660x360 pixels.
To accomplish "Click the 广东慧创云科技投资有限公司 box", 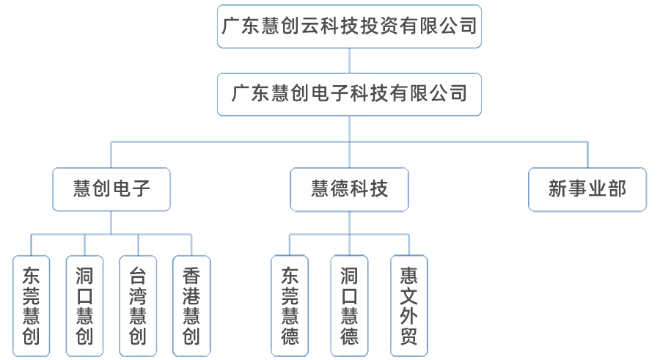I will click(349, 26).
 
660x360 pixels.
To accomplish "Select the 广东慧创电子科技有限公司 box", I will click(349, 93).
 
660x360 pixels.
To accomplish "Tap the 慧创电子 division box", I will click(111, 189).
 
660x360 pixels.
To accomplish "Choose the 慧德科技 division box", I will click(349, 189).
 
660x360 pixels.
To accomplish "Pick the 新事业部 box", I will click(587, 189).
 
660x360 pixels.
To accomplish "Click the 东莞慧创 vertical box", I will click(32, 306).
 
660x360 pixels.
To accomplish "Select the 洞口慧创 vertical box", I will click(84, 306).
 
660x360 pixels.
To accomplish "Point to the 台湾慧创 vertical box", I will click(138, 306).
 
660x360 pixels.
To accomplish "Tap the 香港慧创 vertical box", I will click(191, 306).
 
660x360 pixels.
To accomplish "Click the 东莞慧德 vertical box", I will click(290, 306).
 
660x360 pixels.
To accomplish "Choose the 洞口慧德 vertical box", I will click(349, 306).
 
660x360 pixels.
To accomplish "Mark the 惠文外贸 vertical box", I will click(409, 306).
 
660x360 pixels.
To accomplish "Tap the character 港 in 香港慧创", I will click(191, 297).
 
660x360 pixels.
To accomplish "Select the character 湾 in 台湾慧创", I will click(138, 297).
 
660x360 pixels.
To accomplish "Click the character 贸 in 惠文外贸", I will click(409, 337).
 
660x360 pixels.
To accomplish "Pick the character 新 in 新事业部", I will click(558, 189).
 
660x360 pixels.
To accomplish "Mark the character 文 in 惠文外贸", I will click(409, 297).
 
